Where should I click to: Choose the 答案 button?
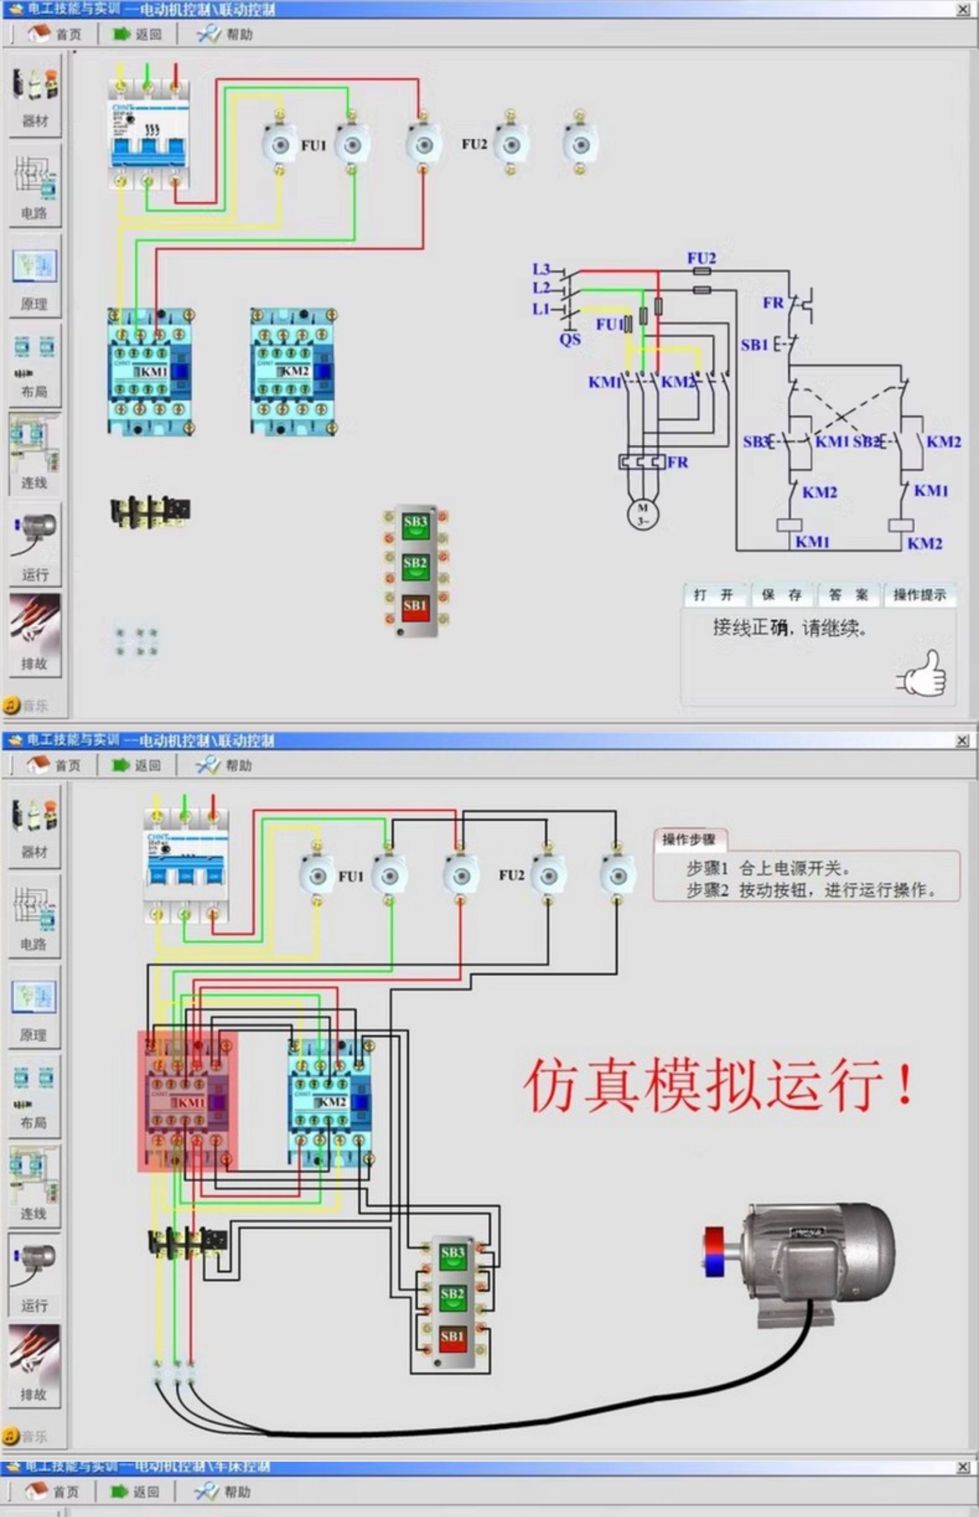pyautogui.click(x=849, y=595)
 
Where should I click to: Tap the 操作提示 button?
pyautogui.click(x=919, y=595)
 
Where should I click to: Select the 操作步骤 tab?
pyautogui.click(x=689, y=839)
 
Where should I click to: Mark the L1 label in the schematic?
pyautogui.click(x=541, y=309)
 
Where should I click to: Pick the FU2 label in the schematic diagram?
pyautogui.click(x=701, y=258)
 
